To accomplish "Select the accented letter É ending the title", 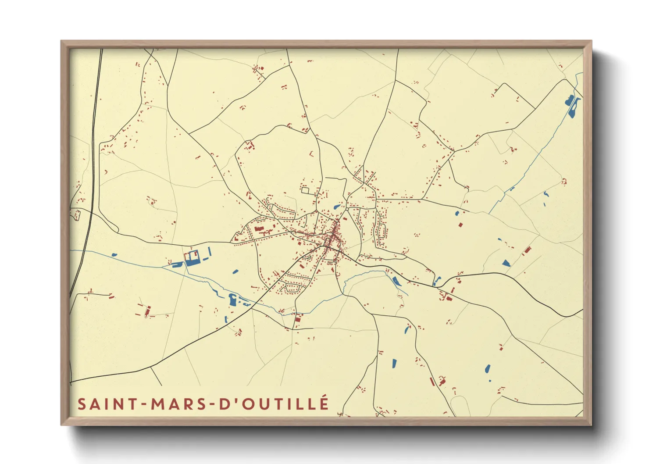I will point(324,403).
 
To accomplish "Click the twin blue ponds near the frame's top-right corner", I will point(573,106).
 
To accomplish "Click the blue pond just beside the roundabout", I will point(337,207).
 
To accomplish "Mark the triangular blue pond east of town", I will point(506,263).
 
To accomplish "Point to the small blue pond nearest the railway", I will point(114,254).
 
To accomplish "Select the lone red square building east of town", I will point(460,225).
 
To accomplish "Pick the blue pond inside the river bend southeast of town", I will point(396,281).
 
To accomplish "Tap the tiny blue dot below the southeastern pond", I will point(490,380).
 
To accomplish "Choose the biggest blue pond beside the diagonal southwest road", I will point(232,300).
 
